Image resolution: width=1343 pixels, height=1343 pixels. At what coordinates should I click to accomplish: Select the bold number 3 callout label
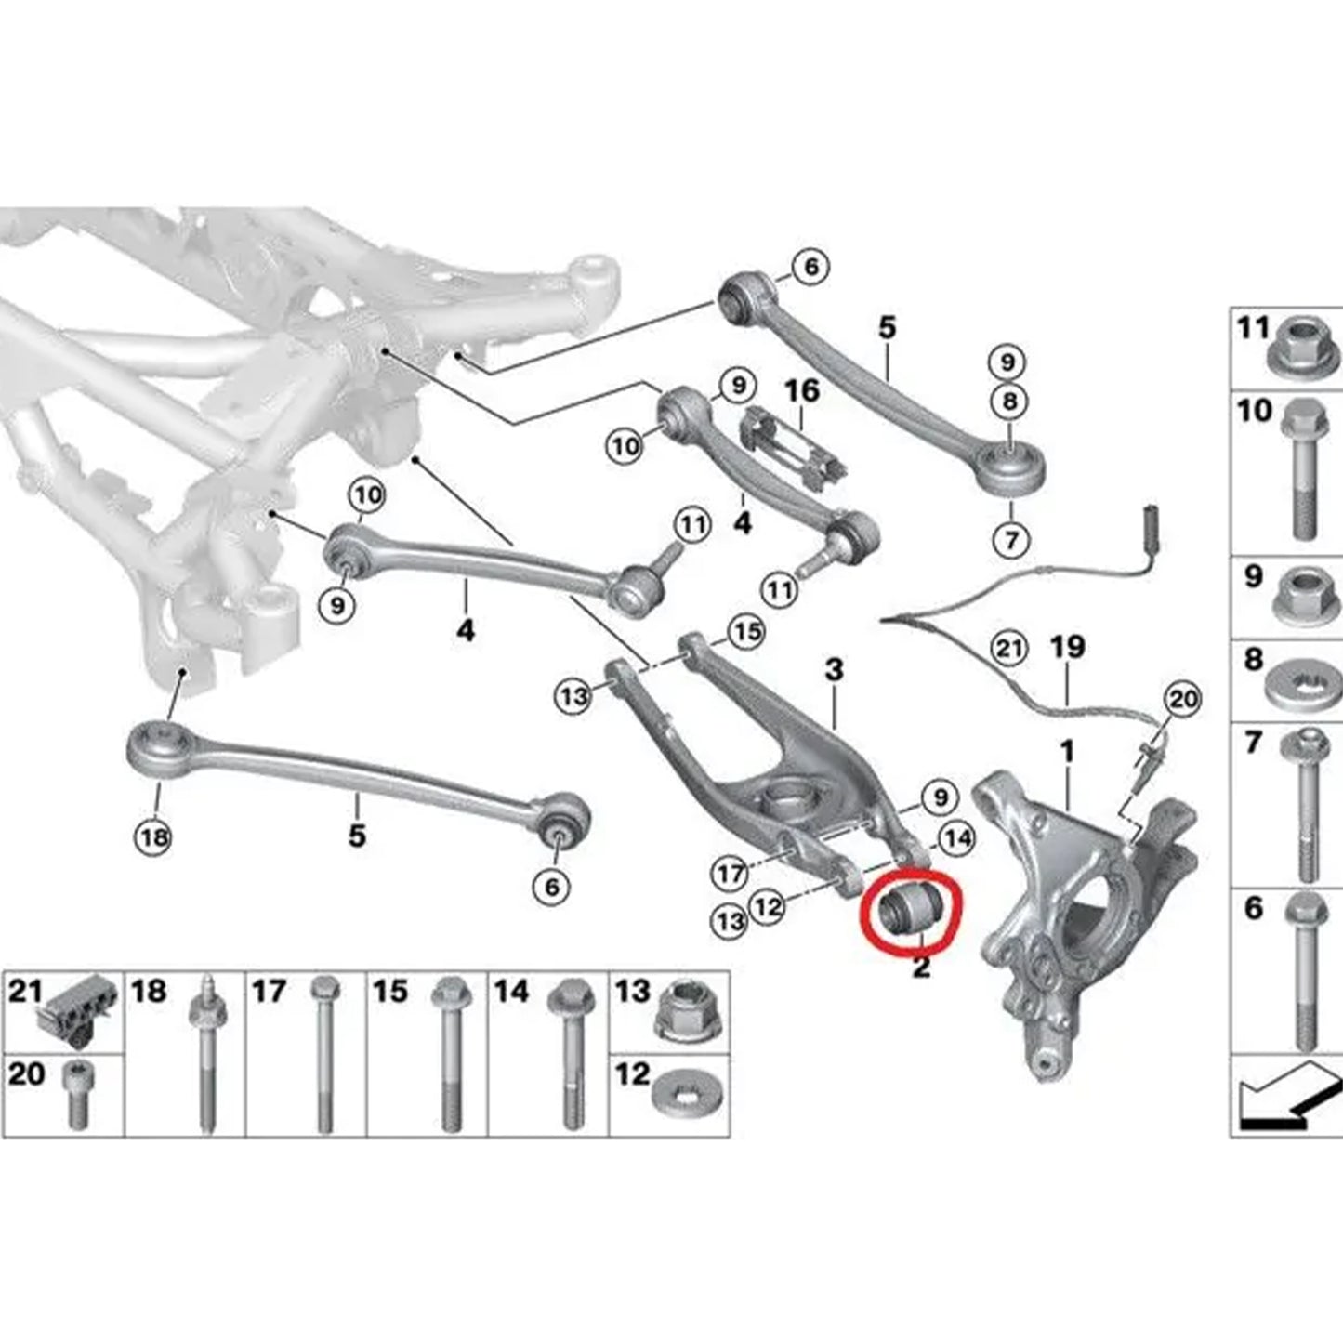(x=834, y=669)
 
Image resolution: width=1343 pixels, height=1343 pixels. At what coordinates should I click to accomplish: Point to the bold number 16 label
(x=802, y=390)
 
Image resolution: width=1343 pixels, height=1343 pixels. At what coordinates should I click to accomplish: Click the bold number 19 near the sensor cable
(x=1068, y=647)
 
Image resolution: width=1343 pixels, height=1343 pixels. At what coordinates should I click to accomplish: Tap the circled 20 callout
(x=1182, y=699)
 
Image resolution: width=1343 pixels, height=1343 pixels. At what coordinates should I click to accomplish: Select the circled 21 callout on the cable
(x=1009, y=647)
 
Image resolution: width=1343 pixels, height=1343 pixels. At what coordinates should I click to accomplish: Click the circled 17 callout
(x=730, y=873)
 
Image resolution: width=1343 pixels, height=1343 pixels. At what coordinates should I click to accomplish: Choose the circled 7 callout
(x=1010, y=538)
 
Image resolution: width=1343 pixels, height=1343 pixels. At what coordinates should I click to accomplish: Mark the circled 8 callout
(x=1009, y=402)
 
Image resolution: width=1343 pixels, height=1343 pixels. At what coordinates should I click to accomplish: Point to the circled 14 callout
(x=957, y=839)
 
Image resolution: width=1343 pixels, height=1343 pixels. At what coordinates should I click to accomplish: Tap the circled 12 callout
(x=767, y=905)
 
